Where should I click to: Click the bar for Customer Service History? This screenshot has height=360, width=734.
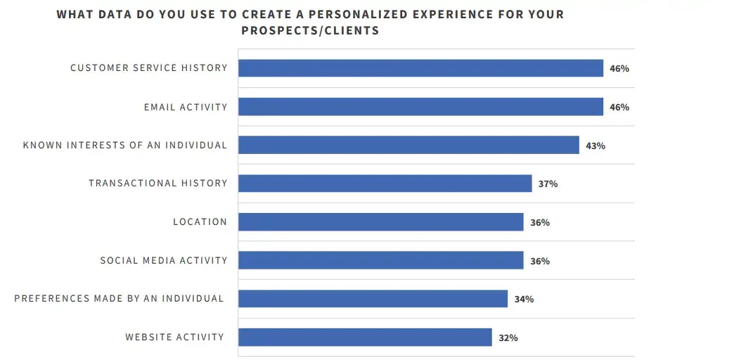point(420,68)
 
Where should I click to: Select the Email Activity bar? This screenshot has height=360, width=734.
point(420,107)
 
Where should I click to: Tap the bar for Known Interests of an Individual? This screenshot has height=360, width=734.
point(408,146)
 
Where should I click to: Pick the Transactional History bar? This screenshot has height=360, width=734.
point(385,184)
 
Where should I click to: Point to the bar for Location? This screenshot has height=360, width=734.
point(380,222)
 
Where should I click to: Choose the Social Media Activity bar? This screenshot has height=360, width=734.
point(380,261)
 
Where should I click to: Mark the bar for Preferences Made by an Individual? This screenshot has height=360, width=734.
point(373,299)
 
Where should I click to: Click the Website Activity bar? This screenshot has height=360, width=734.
point(365,337)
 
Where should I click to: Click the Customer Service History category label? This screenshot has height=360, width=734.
point(149,68)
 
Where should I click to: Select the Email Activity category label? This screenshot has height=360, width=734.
point(186,107)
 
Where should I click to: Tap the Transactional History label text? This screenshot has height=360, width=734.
point(158,184)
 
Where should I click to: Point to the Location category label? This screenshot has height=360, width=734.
point(200,222)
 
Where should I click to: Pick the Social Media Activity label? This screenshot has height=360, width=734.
point(164,261)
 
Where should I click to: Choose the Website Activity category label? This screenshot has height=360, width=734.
point(175,337)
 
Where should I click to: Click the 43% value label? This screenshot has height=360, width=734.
point(595,146)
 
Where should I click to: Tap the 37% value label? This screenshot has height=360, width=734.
point(548,184)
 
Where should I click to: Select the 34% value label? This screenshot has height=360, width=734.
point(524,300)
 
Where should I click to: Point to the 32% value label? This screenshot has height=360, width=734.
point(508,338)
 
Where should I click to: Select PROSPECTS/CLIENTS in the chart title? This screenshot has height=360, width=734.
point(310,31)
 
